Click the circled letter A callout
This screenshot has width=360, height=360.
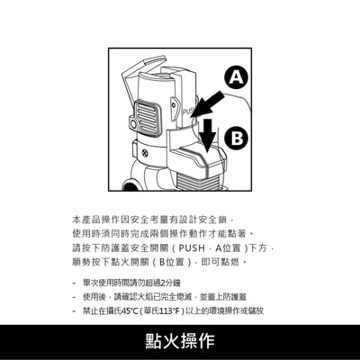pyautogui.click(x=236, y=77)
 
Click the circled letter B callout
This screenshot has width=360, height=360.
pyautogui.click(x=237, y=138)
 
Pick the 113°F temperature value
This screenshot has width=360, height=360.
pyautogui.click(x=176, y=310)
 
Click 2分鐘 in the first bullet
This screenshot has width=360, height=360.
pyautogui.click(x=170, y=282)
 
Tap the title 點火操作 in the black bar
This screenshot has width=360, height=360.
pyautogui.click(x=180, y=342)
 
